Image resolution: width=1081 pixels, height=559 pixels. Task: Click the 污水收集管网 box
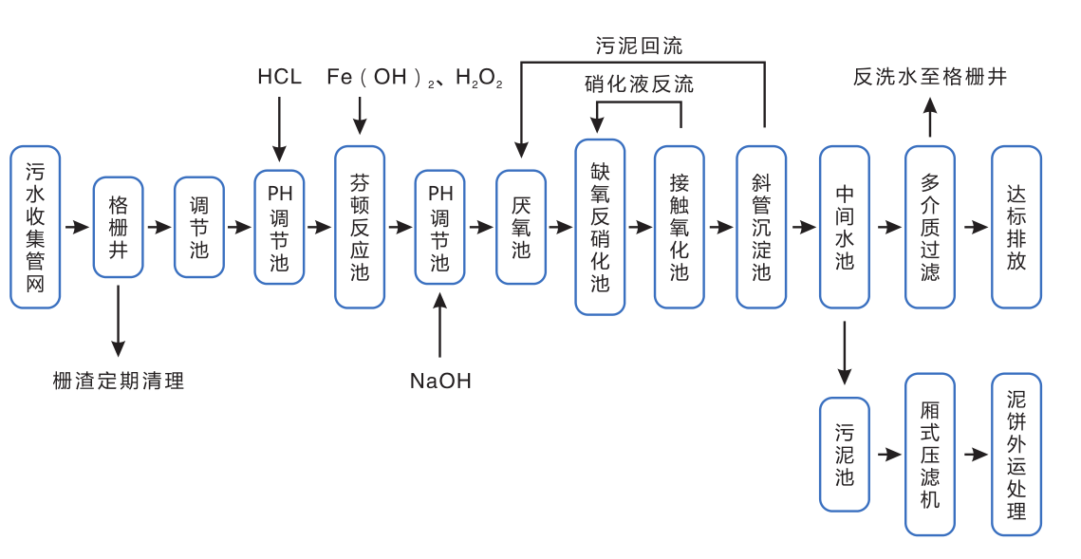[35, 227]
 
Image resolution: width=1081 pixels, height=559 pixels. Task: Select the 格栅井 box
[118, 227]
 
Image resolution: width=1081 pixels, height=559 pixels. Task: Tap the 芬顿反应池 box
[360, 227]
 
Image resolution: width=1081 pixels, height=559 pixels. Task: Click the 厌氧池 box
[521, 227]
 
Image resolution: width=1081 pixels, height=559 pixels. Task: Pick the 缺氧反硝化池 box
[600, 227]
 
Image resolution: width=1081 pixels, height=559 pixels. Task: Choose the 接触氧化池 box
[680, 227]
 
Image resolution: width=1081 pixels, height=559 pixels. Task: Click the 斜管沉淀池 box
[761, 227]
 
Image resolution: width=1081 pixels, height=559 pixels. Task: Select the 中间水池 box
[845, 227]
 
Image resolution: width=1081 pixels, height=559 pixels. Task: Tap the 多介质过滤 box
[929, 227]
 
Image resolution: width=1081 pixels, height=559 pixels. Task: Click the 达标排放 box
[1016, 227]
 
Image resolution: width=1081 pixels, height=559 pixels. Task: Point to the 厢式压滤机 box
[929, 454]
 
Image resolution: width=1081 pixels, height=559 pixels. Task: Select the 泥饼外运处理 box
[1016, 454]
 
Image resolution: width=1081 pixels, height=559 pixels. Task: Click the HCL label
[279, 77]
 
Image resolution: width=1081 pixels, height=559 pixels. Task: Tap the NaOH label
[440, 382]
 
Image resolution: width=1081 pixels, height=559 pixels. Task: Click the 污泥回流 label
[639, 46]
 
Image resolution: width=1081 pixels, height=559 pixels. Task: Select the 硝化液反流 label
[639, 84]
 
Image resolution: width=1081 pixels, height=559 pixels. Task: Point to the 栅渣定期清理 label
[119, 382]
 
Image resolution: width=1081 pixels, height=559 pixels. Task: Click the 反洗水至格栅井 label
[929, 77]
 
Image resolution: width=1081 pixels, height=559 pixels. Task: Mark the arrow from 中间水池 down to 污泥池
[845, 353]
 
